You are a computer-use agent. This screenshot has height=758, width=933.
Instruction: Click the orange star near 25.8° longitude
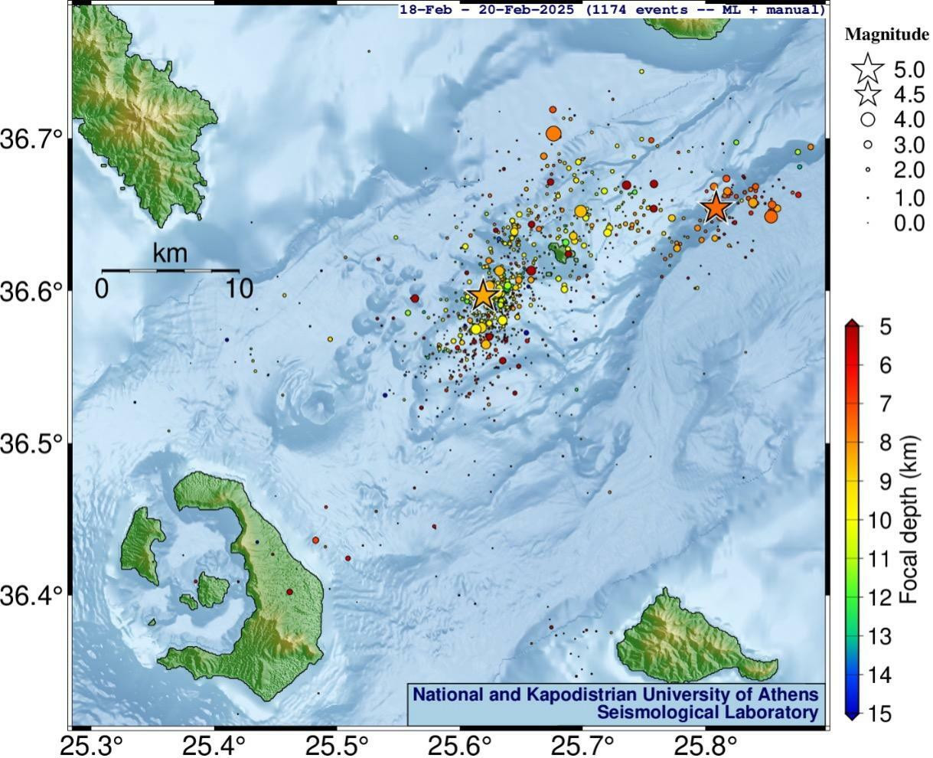pyautogui.click(x=716, y=207)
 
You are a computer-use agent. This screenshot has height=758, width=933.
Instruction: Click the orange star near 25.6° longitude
pyautogui.click(x=482, y=295)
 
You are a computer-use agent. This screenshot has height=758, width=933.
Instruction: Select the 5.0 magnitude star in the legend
pyautogui.click(x=868, y=70)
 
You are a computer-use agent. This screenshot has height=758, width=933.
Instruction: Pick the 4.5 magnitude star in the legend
pyautogui.click(x=868, y=95)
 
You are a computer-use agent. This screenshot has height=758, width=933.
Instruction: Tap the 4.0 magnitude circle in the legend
pyautogui.click(x=868, y=119)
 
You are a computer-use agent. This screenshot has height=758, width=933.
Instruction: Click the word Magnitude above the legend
pyautogui.click(x=886, y=34)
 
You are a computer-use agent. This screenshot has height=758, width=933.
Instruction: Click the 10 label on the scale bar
pyautogui.click(x=239, y=289)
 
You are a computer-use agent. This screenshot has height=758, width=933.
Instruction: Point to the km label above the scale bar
pyautogui.click(x=170, y=253)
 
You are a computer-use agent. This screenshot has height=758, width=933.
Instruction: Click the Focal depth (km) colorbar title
pyautogui.click(x=910, y=521)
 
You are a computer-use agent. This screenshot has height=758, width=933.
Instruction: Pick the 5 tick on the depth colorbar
pyautogui.click(x=886, y=327)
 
